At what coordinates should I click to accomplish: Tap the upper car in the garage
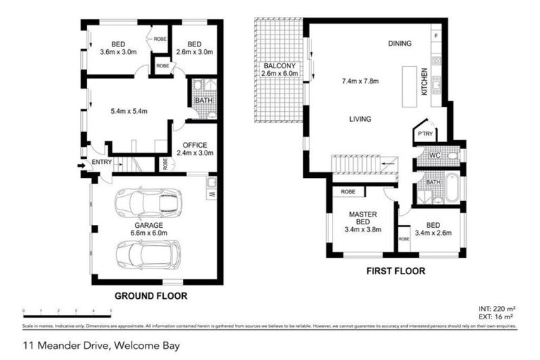[x=149, y=203]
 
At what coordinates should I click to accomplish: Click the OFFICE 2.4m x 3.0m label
[x=190, y=149]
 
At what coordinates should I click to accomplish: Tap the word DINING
[x=399, y=44]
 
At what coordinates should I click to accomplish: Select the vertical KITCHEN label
[x=424, y=82]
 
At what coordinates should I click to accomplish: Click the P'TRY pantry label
[x=424, y=134]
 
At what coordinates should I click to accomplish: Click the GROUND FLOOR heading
[x=151, y=296]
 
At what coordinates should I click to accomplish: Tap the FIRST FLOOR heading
[x=394, y=271]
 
